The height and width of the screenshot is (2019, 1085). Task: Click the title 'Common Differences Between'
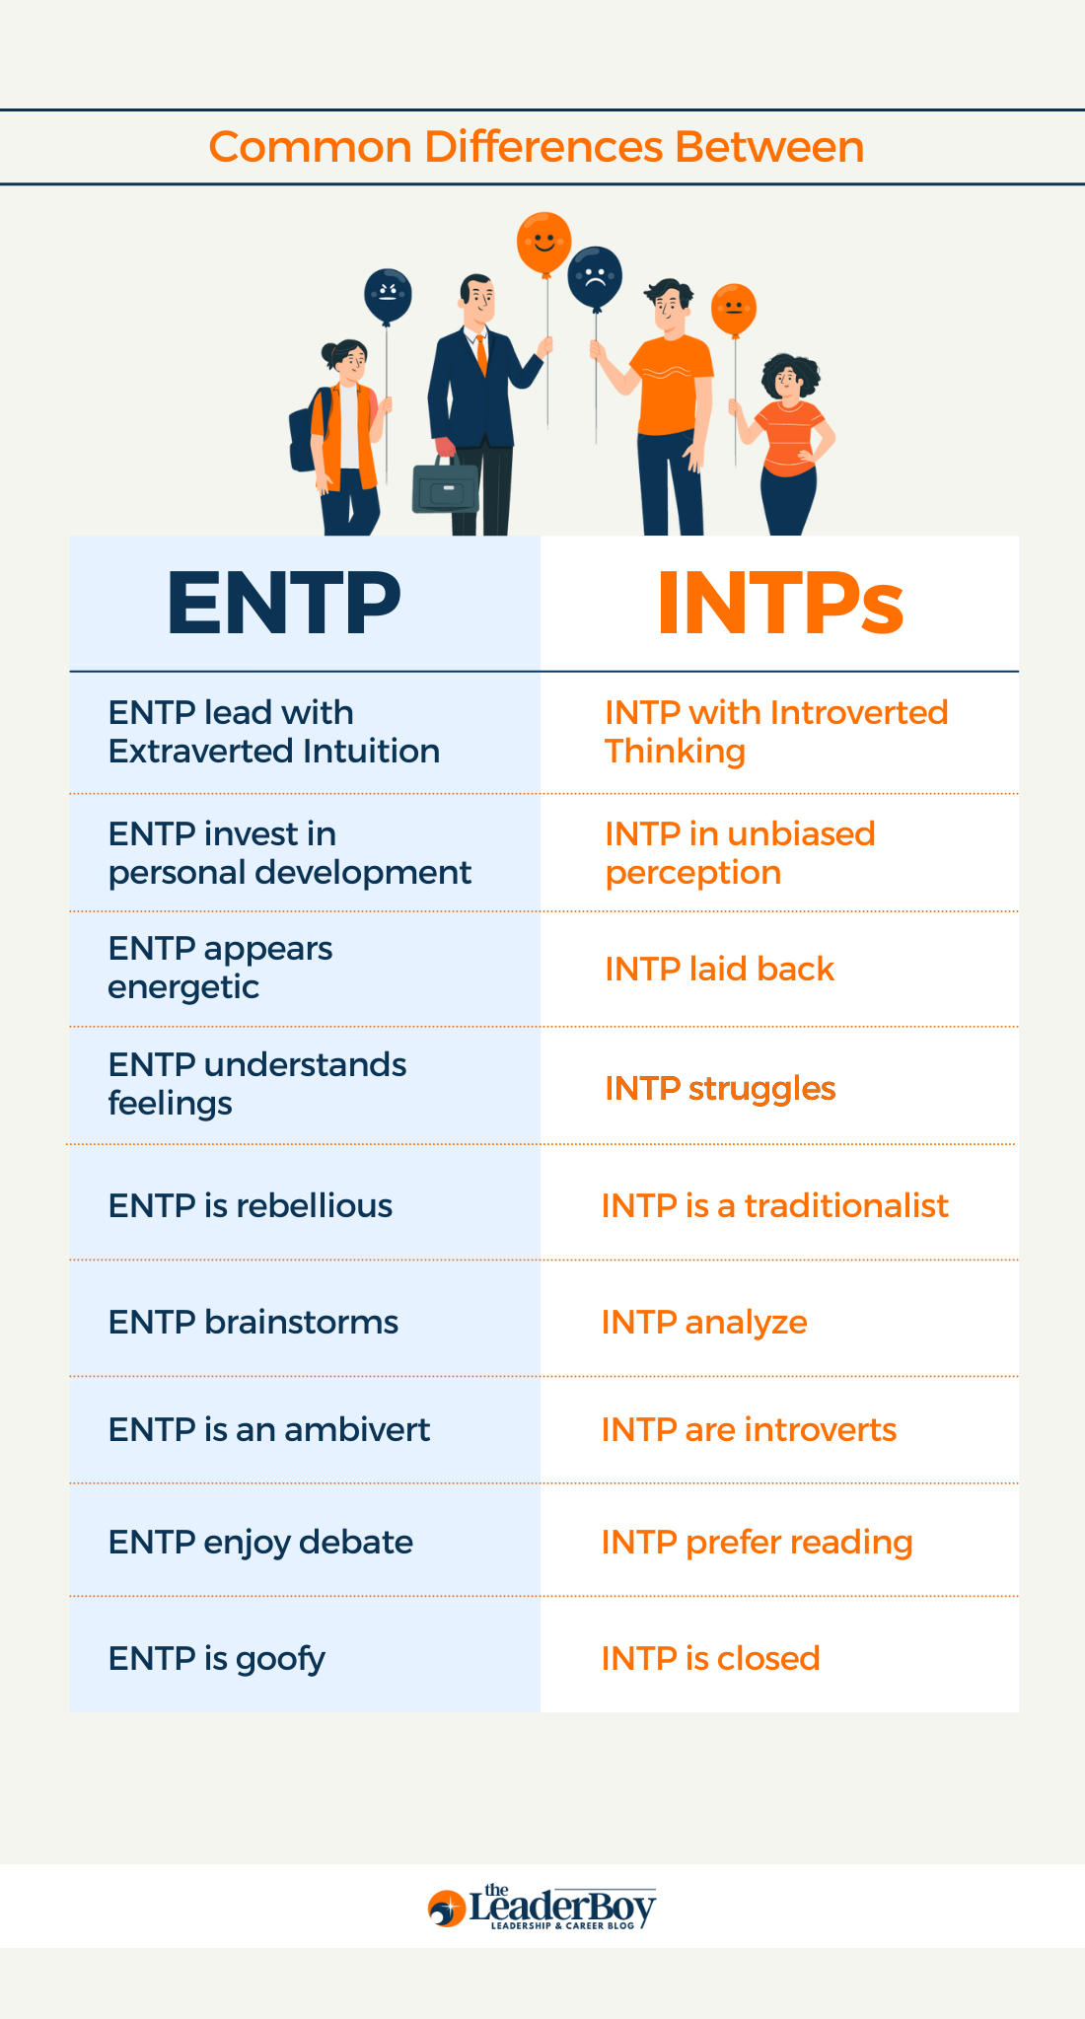point(537,147)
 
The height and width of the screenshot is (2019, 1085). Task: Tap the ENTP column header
point(284,603)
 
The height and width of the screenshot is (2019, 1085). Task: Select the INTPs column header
point(779,603)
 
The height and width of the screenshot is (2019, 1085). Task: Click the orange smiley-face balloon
point(543,243)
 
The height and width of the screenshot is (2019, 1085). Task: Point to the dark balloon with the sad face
point(595,277)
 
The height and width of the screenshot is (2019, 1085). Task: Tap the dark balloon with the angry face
point(388,295)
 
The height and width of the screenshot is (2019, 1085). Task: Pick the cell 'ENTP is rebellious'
point(251,1205)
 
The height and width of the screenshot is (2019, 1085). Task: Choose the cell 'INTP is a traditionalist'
point(774,1205)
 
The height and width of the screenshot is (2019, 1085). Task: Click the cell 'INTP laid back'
point(719,969)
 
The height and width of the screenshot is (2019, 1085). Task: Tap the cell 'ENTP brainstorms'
point(253,1322)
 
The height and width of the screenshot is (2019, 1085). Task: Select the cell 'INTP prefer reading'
point(757,1542)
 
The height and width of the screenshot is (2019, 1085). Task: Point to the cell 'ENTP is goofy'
point(217,1658)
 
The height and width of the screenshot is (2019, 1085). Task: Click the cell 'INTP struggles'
point(720,1088)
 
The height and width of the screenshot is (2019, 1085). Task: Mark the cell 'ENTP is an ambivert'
point(269,1429)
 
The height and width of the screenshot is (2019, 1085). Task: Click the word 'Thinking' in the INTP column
point(675,752)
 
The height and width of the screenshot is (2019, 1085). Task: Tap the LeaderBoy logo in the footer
point(542,1907)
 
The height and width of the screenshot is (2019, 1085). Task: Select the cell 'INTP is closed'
point(710,1658)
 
